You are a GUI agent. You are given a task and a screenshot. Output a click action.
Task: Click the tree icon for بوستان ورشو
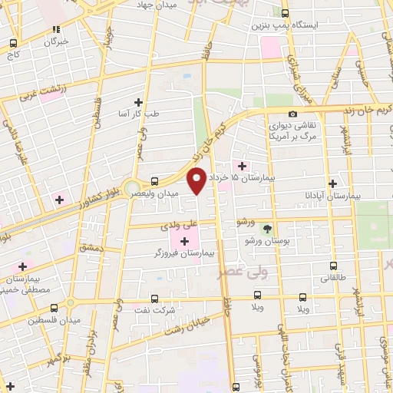[x=267, y=229]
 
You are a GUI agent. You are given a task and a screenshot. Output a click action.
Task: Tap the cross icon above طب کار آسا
[x=138, y=102]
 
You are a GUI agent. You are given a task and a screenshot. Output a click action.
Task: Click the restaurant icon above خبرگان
[x=55, y=29]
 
